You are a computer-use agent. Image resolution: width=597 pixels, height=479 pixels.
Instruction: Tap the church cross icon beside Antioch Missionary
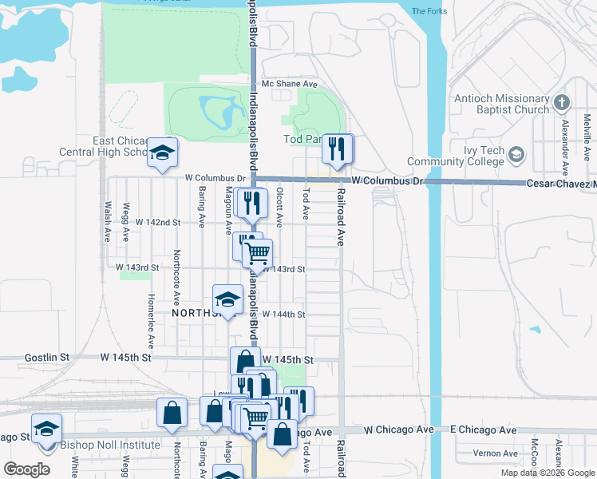point(562,103)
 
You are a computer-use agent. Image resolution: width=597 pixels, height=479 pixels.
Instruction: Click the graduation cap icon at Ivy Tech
point(516,154)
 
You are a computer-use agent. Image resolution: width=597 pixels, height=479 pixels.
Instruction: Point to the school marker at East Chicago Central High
point(163,153)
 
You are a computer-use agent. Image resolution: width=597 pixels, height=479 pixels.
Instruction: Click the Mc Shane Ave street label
point(290,84)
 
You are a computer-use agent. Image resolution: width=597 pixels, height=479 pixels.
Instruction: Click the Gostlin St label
point(47,358)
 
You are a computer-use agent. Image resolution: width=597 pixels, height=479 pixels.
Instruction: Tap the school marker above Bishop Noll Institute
point(46,430)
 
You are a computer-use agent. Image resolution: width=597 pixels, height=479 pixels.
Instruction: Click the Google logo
point(28,469)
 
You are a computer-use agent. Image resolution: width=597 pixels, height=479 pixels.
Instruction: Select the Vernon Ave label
point(495,453)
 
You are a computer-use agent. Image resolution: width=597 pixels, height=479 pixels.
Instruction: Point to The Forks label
point(429,11)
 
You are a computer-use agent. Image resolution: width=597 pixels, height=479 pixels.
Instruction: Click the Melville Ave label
point(587,133)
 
